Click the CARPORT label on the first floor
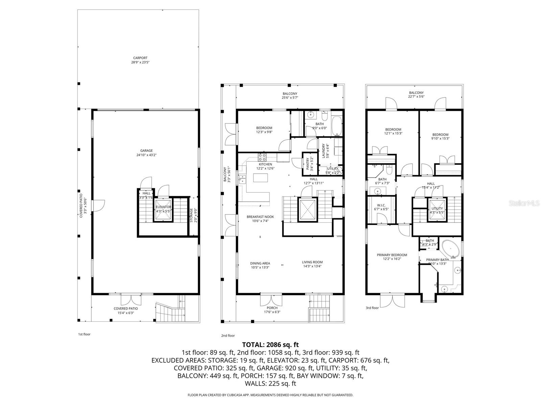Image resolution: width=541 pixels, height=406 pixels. tap(140, 58)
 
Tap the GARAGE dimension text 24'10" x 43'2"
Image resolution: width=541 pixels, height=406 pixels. tap(146, 155)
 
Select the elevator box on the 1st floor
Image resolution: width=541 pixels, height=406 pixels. tap(163, 209)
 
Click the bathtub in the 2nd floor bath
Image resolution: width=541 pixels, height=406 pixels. tap(337, 126)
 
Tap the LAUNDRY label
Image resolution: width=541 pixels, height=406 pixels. tap(324, 151)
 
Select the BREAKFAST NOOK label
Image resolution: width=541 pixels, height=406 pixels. tap(260, 217)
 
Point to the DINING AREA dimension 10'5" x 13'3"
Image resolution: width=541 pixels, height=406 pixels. tap(260, 267)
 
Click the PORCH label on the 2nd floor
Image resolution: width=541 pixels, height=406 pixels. tap(272, 308)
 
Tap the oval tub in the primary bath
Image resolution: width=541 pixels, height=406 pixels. tap(450, 249)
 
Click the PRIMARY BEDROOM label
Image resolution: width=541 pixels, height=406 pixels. tap(392, 255)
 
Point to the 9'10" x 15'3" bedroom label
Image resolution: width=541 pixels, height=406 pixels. tap(440, 138)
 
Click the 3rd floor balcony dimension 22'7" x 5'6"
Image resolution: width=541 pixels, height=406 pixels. tap(416, 96)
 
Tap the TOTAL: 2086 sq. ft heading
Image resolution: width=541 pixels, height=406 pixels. tap(270, 345)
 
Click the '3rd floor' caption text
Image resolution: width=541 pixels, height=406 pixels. tap(372, 308)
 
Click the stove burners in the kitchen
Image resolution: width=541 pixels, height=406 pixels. tap(262, 157)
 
